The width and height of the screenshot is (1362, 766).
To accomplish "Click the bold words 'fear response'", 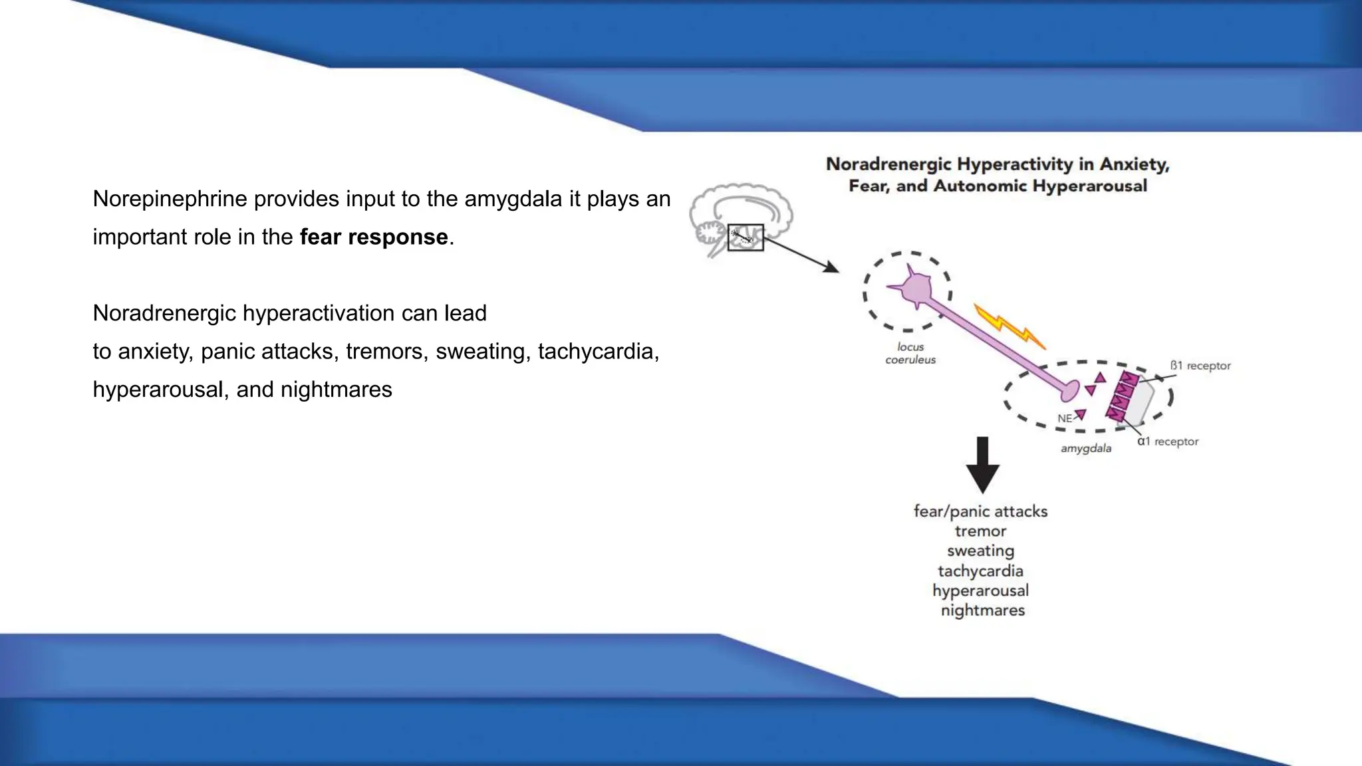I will pyautogui.click(x=374, y=237).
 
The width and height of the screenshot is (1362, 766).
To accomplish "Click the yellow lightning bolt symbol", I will pyautogui.click(x=1009, y=326).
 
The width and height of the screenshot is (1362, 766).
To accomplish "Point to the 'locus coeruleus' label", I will pyautogui.click(x=910, y=353).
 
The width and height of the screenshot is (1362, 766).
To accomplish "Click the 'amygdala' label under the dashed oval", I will pyautogui.click(x=1085, y=448).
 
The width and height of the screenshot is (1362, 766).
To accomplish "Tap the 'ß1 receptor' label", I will pyautogui.click(x=1200, y=366).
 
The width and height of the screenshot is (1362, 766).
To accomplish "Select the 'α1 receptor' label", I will pyautogui.click(x=1167, y=442).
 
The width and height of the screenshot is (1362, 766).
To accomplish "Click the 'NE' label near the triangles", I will pyautogui.click(x=1065, y=418).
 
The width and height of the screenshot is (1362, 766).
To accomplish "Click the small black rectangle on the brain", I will pyautogui.click(x=746, y=237).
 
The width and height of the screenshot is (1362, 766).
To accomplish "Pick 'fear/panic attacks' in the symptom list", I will pyautogui.click(x=980, y=511).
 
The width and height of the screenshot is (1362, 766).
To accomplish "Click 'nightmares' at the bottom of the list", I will pyautogui.click(x=982, y=610).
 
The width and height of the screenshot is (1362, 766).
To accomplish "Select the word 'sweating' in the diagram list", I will pyautogui.click(x=980, y=551).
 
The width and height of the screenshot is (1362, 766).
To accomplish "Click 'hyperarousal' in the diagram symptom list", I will pyautogui.click(x=980, y=590).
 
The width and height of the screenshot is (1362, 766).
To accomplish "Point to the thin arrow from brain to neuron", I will pyautogui.click(x=801, y=255).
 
